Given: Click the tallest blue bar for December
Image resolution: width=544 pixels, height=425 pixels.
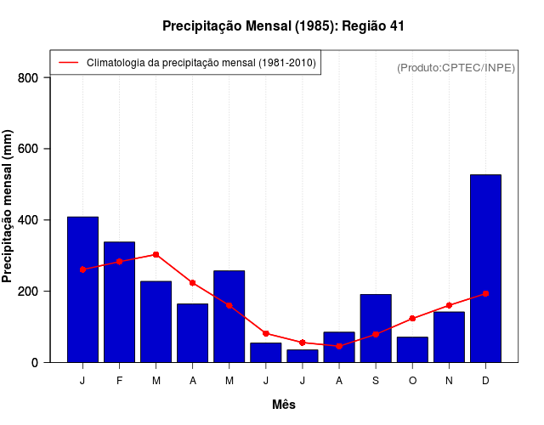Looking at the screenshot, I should [485, 269].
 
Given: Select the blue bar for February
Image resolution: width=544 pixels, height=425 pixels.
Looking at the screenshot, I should [119, 302].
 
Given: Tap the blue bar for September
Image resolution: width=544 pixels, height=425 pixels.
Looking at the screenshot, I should [375, 328].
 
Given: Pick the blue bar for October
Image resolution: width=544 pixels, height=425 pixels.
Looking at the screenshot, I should [412, 349].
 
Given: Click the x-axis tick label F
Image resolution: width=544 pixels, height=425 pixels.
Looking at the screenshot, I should [119, 381].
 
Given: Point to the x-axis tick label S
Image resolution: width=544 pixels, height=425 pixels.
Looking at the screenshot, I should [375, 381].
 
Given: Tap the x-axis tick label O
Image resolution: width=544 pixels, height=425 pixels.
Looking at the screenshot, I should [412, 381].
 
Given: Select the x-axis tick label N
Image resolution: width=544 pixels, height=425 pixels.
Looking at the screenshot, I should [449, 381].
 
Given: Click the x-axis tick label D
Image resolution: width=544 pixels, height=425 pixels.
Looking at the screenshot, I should [485, 381].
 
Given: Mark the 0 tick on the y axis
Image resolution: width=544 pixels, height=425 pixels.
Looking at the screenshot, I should [35, 363].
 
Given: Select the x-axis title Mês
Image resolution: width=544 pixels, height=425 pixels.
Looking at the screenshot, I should [284, 405].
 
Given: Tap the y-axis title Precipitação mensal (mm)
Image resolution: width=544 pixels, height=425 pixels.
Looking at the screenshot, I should [8, 207].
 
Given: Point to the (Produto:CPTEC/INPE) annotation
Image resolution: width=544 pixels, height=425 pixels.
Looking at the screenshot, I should [456, 67].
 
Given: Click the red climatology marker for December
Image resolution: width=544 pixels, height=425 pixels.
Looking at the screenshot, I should [485, 294].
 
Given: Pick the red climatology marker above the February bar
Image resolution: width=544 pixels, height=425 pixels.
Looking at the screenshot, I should [119, 262].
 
